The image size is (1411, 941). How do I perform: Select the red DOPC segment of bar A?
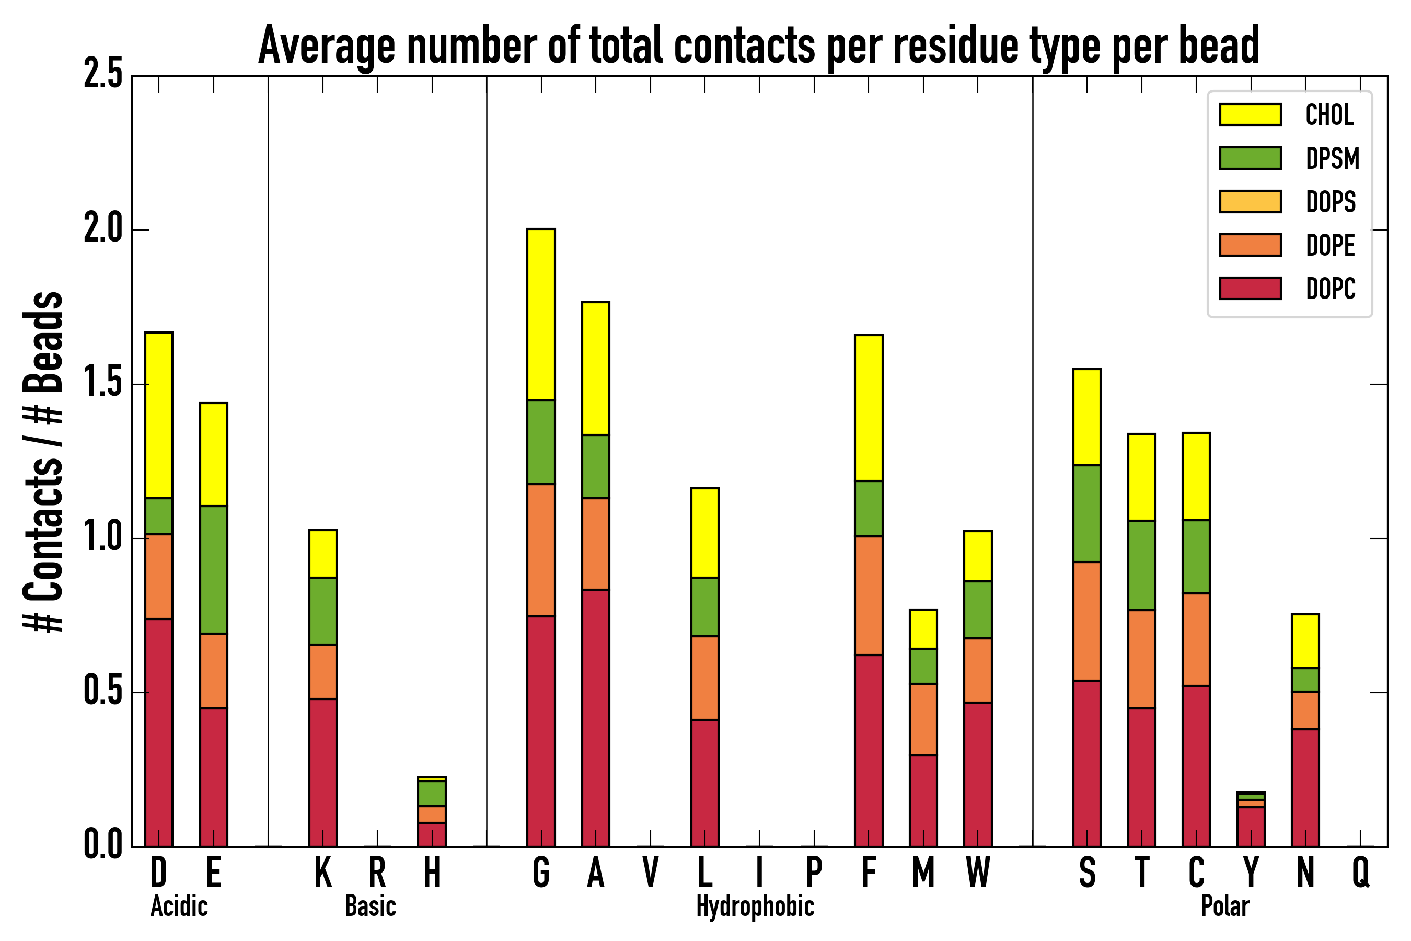click(x=596, y=718)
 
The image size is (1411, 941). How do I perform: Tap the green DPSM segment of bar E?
click(x=214, y=569)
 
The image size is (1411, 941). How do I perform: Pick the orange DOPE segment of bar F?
click(x=869, y=595)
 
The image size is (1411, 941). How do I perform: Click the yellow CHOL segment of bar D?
click(x=159, y=415)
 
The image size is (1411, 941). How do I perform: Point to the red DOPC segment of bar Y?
click(x=1251, y=827)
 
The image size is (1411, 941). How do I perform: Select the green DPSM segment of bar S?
click(x=1087, y=514)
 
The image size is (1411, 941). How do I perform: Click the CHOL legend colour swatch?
click(x=1250, y=114)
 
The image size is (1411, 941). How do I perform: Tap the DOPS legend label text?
click(x=1331, y=202)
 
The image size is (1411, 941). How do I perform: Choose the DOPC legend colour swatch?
click(x=1250, y=288)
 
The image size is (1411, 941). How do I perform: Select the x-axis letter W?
click(x=978, y=872)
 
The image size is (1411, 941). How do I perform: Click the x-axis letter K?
click(x=323, y=872)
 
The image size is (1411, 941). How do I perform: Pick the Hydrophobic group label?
click(x=755, y=906)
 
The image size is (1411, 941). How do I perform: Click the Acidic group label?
click(x=179, y=906)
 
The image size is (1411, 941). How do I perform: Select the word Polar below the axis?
click(x=1224, y=906)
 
